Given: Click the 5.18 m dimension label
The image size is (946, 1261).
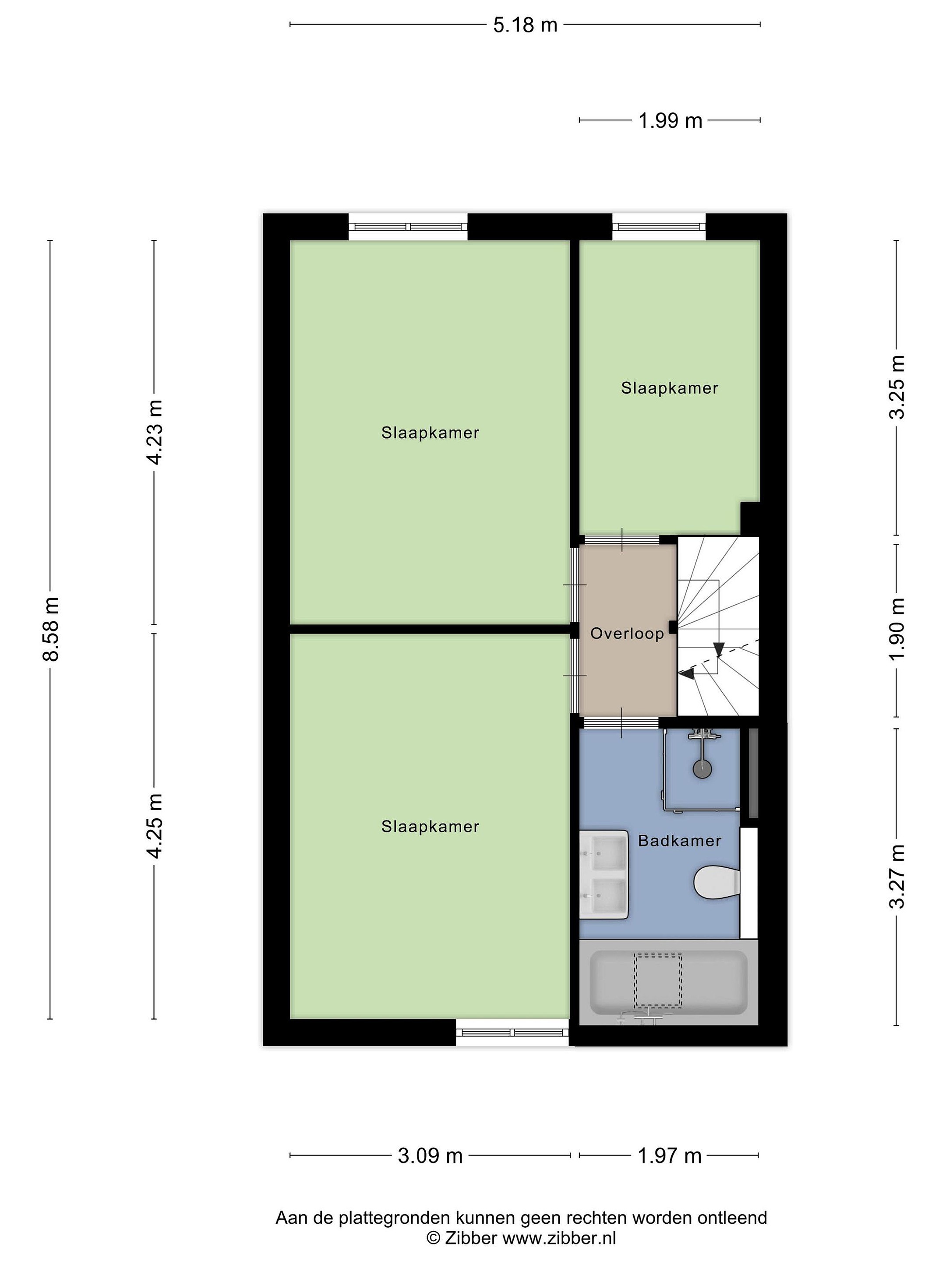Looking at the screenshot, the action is (525, 25).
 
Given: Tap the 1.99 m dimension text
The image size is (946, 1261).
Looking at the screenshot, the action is (670, 121).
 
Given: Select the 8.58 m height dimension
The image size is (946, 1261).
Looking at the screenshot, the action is (51, 629).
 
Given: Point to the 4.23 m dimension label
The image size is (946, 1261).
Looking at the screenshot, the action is (155, 432).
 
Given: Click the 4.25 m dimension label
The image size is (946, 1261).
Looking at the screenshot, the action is (155, 825).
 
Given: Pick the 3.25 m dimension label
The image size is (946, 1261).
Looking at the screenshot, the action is (897, 387).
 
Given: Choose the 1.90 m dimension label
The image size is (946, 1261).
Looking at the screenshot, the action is (897, 629).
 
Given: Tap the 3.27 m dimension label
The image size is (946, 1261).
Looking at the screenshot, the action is (897, 876).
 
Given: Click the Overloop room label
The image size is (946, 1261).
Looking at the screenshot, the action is (627, 634).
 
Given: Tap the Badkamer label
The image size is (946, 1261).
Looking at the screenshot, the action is (680, 841).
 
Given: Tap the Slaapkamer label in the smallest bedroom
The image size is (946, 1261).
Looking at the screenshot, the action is (670, 388).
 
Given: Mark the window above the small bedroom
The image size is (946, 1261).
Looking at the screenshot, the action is (659, 227).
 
